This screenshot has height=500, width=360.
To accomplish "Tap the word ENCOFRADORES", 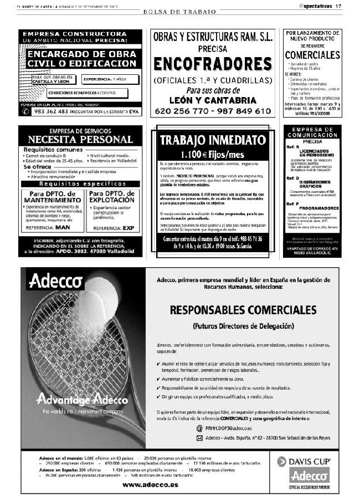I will (212, 64).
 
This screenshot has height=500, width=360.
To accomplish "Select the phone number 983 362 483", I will (52, 111).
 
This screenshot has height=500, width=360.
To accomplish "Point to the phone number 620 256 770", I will (181, 111).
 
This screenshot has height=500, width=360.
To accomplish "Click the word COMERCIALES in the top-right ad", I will (312, 55).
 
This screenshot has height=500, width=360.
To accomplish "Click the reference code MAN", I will (63, 227).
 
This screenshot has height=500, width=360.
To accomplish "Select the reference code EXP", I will (121, 227).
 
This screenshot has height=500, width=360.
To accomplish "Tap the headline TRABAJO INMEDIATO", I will (213, 140).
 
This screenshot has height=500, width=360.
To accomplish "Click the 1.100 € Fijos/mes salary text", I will (213, 154).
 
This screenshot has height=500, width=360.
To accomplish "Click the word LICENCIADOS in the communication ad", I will (315, 151).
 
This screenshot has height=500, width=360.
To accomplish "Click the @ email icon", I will (199, 428).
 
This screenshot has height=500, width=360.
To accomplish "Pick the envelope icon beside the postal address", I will (199, 438).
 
